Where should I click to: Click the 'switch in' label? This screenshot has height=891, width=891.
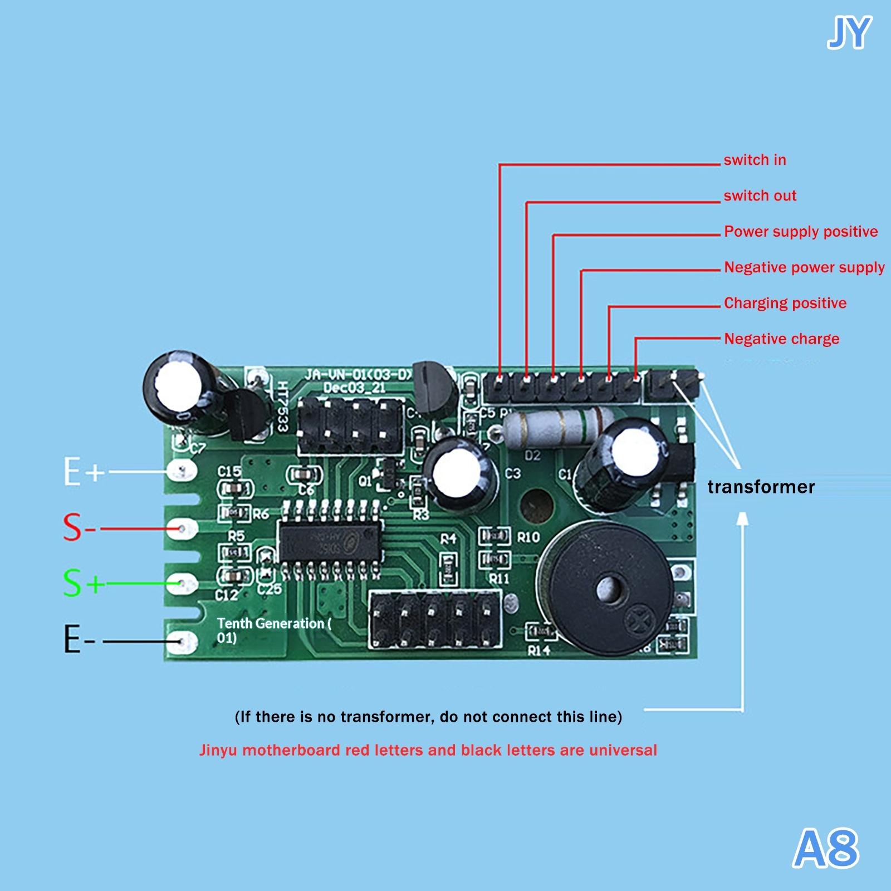tap(755, 160)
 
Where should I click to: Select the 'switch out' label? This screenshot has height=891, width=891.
tap(760, 196)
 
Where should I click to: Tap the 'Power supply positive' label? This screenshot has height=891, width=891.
tap(801, 232)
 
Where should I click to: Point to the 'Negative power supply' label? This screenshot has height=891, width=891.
tap(804, 268)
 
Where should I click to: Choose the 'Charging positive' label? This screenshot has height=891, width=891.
tap(785, 303)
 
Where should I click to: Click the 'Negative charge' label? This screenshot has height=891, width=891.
tap(781, 339)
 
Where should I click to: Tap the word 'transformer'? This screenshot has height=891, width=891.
tap(761, 487)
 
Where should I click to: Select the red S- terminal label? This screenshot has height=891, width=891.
tap(78, 527)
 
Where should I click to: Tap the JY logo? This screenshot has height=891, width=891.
tap(849, 33)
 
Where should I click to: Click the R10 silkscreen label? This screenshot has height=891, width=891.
tap(528, 537)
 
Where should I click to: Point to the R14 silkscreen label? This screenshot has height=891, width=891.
tap(538, 650)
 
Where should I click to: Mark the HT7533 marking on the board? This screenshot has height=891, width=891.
tap(283, 407)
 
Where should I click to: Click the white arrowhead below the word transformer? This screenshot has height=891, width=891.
tap(742, 519)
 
